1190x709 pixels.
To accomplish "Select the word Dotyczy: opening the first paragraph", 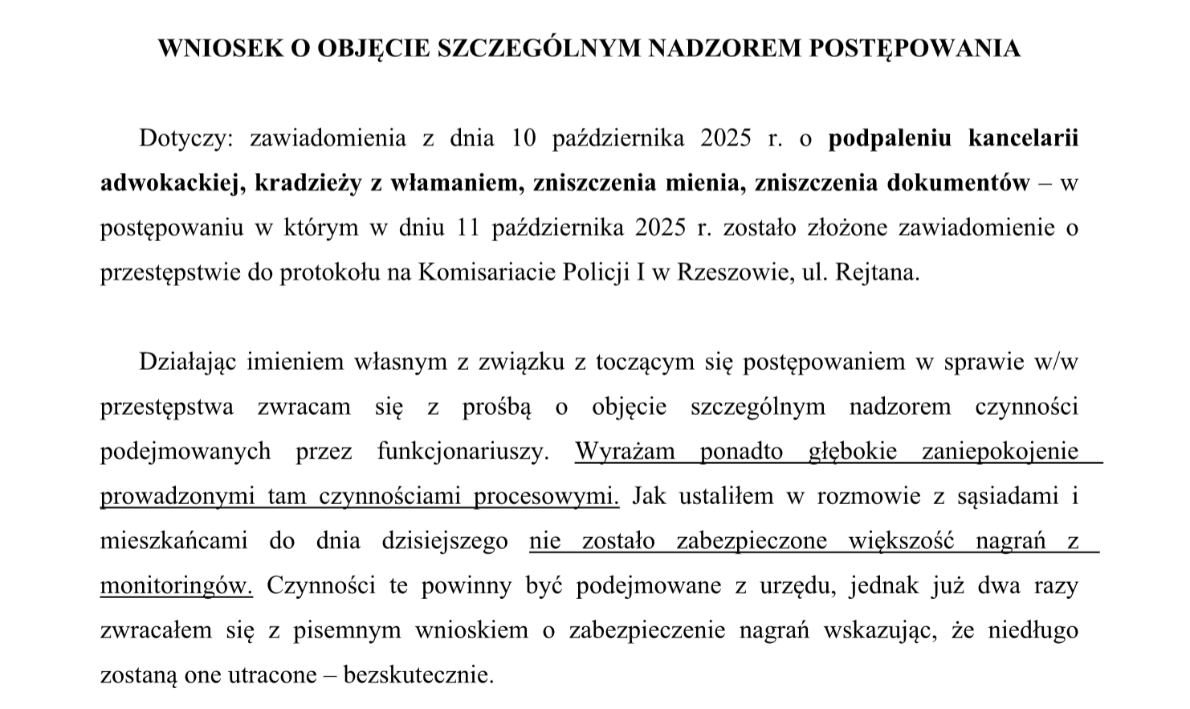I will [185, 138].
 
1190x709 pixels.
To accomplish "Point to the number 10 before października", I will [523, 138].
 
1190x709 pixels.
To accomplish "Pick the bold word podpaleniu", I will [890, 138].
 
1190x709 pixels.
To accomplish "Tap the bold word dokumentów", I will [957, 183].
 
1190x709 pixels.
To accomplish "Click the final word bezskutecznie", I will [418, 674].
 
